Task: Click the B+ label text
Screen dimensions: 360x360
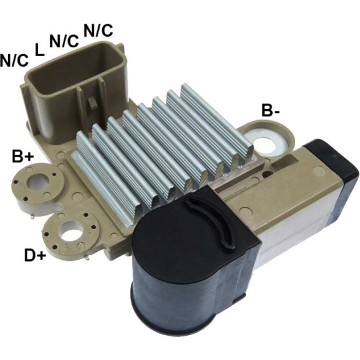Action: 23,157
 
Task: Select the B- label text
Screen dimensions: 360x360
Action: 270,111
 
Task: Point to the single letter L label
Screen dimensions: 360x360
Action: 39,50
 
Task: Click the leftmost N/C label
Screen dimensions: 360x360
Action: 14,60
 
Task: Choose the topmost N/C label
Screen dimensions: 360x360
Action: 98,31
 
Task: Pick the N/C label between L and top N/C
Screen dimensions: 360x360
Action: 64,41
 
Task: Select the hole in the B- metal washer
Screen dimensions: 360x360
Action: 267,144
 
